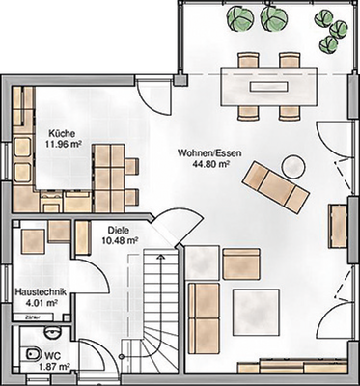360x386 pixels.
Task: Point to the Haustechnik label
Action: (39, 289)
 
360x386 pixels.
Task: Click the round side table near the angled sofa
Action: (294, 162)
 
